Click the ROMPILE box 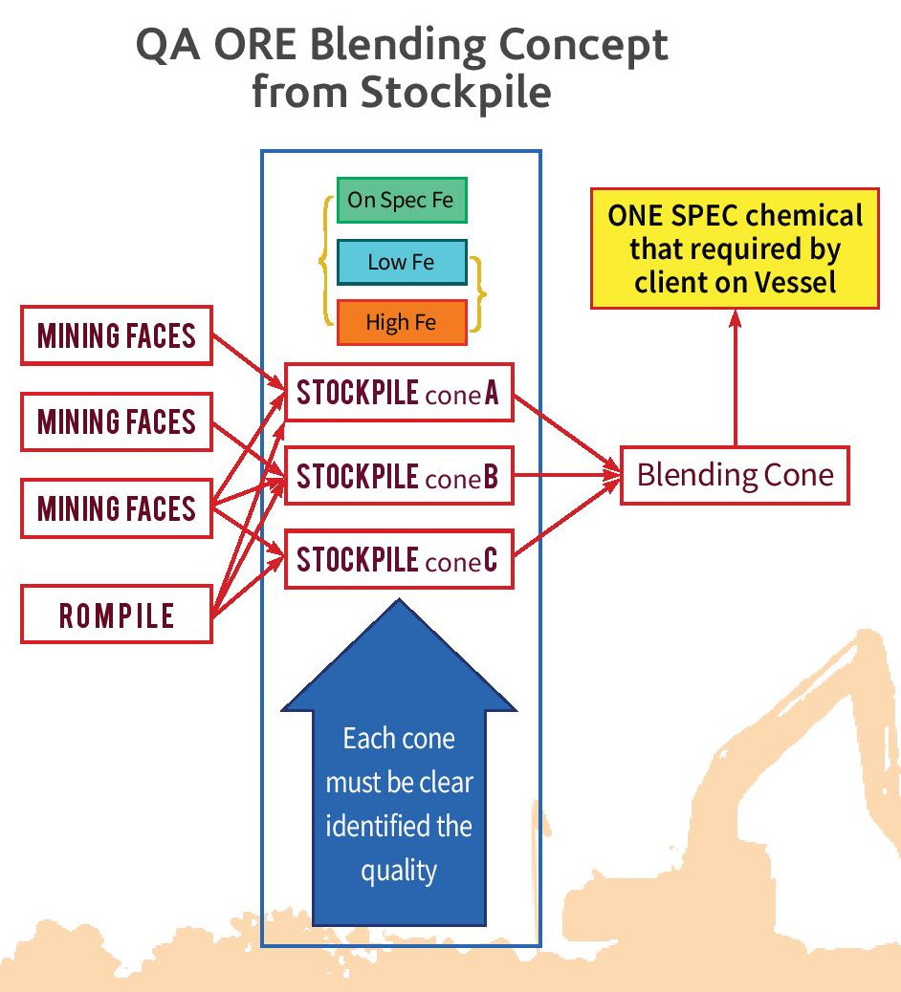116,615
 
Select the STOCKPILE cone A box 399,392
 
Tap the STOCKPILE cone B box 399,475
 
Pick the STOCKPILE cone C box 399,558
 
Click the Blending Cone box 735,475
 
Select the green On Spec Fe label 401,201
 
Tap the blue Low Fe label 401,262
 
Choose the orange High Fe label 401,322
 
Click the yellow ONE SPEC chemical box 735,248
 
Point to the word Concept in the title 572,45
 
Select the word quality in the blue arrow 399,871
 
